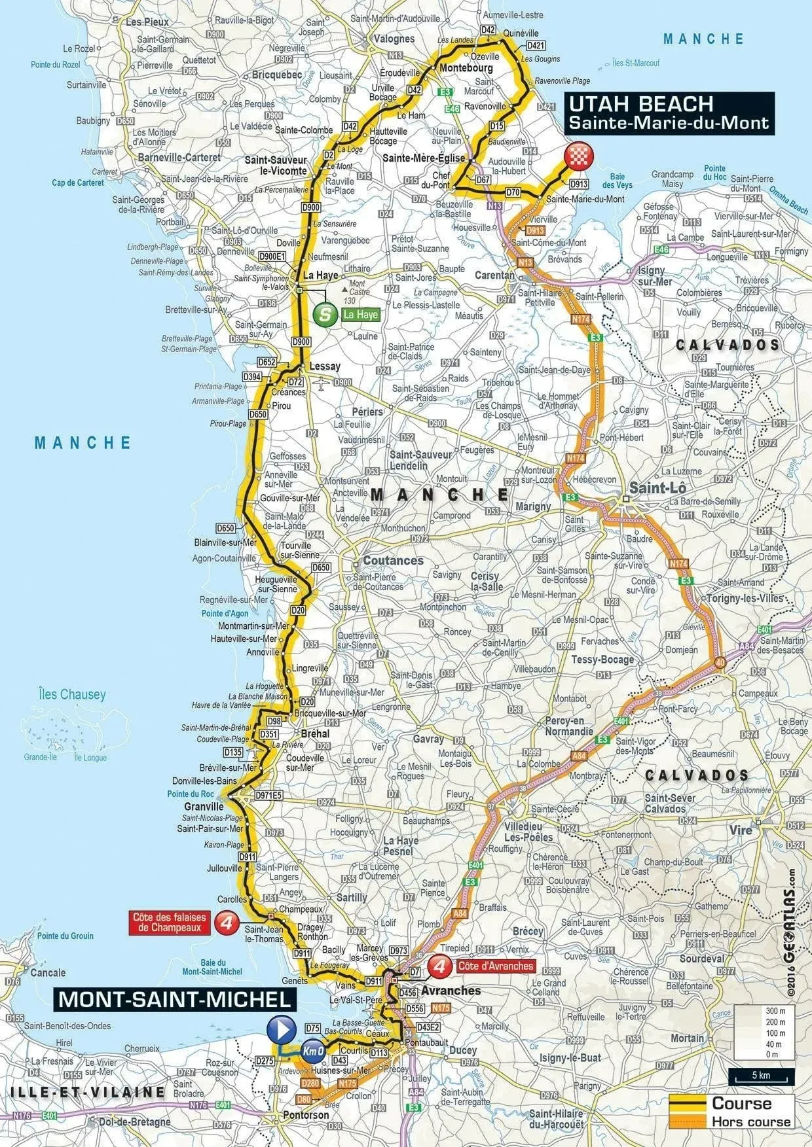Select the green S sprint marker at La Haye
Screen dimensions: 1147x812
coord(324,315)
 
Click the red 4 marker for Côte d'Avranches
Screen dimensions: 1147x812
coord(440,966)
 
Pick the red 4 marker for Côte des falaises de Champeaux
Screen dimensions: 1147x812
coord(227,923)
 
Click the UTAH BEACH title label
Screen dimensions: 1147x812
coord(640,104)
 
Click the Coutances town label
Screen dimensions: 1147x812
coord(393,560)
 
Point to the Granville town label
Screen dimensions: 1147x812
coord(204,807)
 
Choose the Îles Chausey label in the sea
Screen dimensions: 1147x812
coord(72,694)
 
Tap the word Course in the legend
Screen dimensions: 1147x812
coord(742,1103)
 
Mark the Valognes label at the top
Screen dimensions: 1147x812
coord(394,39)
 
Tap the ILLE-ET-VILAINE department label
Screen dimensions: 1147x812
coord(87,1091)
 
